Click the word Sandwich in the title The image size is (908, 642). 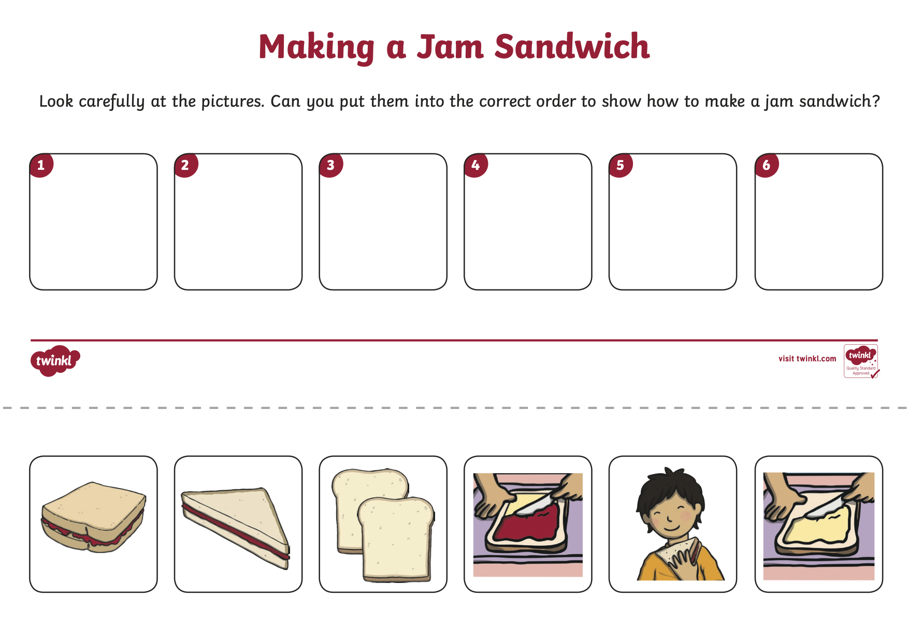[572, 47]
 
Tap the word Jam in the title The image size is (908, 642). [450, 47]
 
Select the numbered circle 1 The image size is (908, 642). [41, 165]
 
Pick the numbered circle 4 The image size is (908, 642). [475, 165]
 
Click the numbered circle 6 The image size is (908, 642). [767, 165]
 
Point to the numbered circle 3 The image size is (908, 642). [330, 165]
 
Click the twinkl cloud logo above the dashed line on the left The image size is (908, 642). [55, 360]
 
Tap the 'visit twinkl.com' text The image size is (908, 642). [807, 359]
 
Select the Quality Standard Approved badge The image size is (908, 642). [861, 361]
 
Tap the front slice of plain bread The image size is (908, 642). [396, 539]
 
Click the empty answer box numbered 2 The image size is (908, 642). [238, 222]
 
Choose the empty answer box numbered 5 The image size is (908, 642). [673, 222]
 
